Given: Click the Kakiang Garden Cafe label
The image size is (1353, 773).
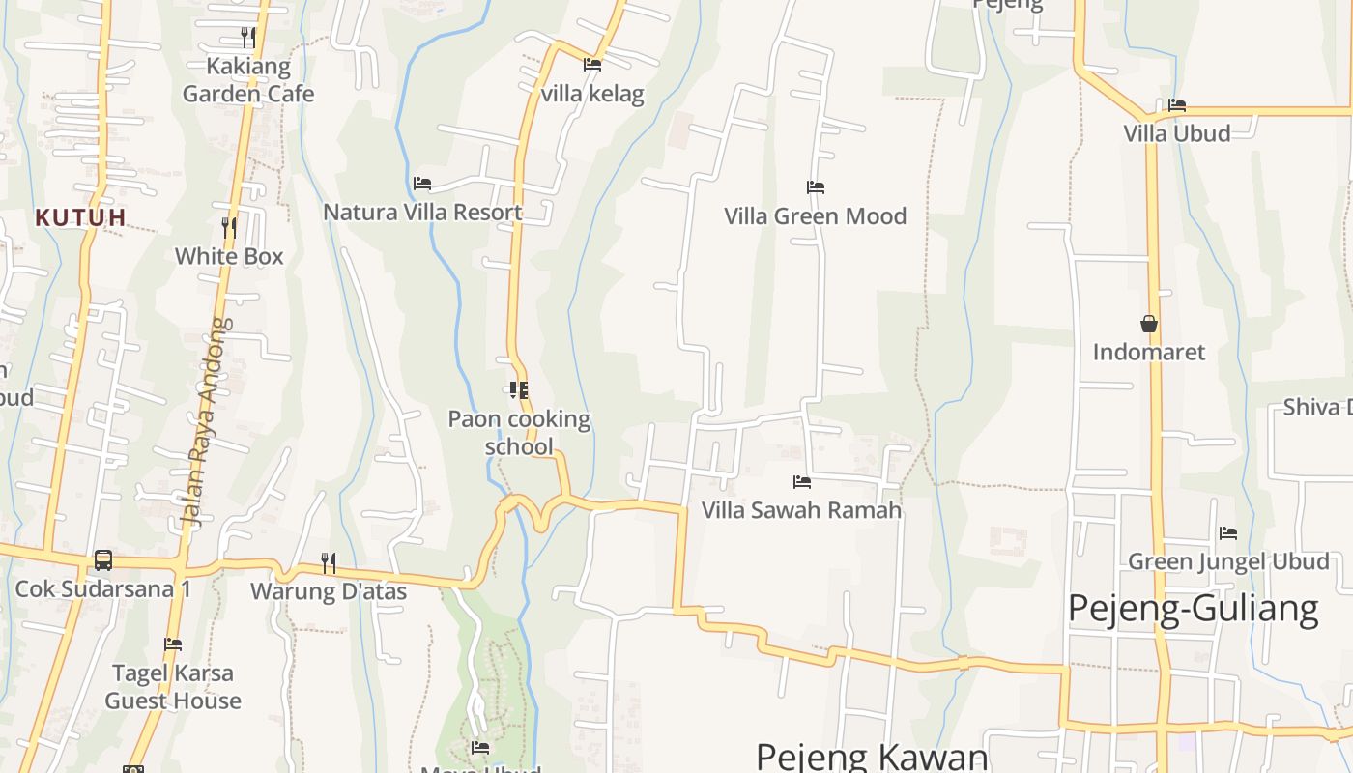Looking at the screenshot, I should (248, 80).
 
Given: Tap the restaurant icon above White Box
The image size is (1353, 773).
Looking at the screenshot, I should (229, 227).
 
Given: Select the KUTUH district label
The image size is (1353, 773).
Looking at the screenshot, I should (81, 217).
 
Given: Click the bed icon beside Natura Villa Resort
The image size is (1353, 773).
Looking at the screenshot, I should (422, 183).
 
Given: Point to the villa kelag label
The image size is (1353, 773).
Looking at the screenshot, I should (592, 94).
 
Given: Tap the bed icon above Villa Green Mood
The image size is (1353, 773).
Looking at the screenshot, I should (816, 186).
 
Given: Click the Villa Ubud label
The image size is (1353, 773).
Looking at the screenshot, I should (1176, 133).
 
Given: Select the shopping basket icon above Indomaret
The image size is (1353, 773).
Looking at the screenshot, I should (1149, 324).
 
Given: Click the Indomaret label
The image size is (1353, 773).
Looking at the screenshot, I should (1149, 352).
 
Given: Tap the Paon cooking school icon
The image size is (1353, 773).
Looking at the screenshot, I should (519, 390).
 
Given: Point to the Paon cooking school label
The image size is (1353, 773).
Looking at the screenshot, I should (519, 432).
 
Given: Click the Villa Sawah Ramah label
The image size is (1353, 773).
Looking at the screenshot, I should (801, 509).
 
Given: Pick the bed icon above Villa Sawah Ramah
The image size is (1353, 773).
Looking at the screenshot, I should (801, 481).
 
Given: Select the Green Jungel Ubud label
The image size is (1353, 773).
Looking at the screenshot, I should (1228, 561).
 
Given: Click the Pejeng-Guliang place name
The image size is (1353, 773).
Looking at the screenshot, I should (1193, 610).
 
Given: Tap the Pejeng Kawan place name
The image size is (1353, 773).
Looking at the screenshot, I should (872, 757).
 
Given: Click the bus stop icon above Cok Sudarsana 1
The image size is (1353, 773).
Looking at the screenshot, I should (102, 560).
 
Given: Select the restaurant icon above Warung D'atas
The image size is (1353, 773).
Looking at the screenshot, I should (329, 562).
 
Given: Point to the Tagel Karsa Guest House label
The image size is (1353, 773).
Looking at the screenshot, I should (173, 686).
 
